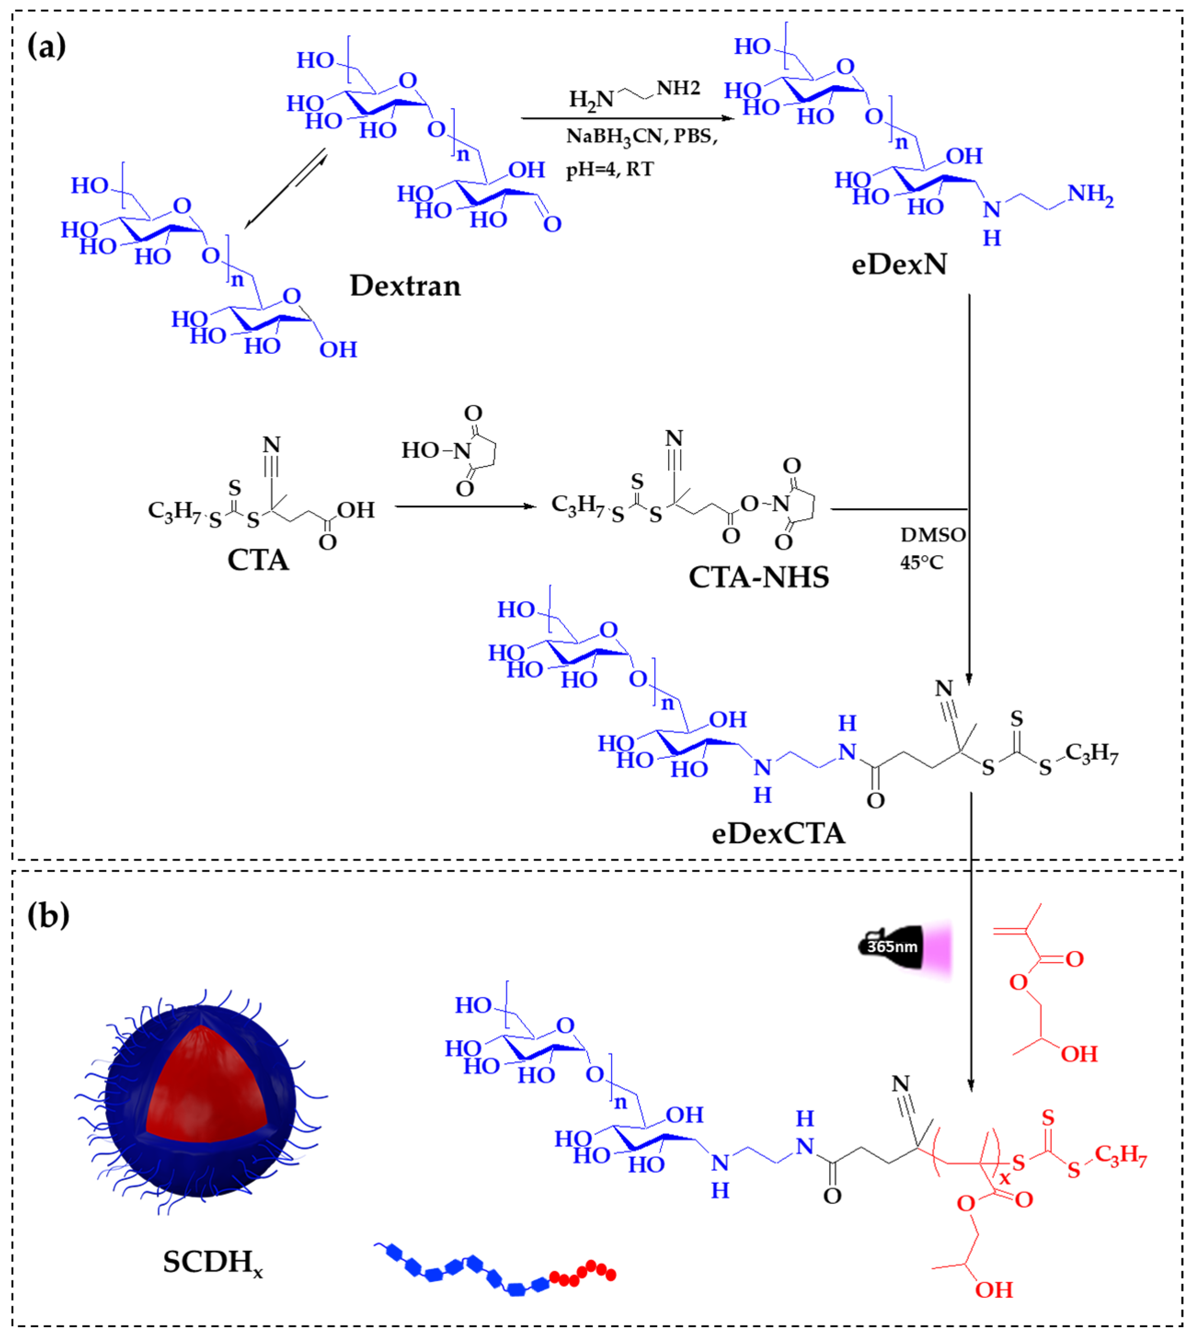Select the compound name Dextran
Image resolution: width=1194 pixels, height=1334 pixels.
pos(405,286)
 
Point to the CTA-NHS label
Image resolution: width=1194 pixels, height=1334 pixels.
pos(758,577)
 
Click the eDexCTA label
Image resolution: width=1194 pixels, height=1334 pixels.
pos(778,833)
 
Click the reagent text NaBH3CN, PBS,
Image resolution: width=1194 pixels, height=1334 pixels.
pos(642,136)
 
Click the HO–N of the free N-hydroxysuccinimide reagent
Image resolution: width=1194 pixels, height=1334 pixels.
pos(436,451)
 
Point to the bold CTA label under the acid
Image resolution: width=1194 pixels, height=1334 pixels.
pos(258,560)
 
